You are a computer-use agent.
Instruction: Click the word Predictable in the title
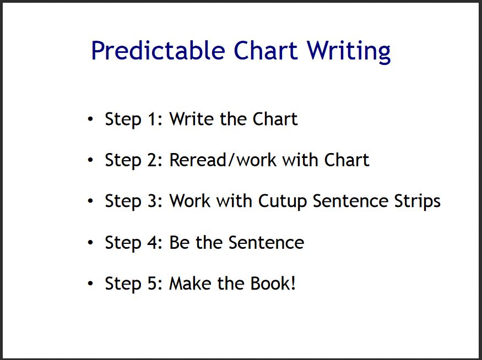(158, 51)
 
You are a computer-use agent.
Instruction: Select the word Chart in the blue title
(266, 51)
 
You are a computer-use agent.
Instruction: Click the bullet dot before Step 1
(90, 119)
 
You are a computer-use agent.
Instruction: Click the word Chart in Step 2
(346, 160)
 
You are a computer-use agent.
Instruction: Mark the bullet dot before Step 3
(90, 201)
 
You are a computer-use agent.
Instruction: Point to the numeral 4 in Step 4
(152, 242)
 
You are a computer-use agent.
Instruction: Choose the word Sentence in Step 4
(266, 242)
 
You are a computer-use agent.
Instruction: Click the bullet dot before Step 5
(90, 283)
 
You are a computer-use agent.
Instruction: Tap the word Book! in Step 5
(273, 283)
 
